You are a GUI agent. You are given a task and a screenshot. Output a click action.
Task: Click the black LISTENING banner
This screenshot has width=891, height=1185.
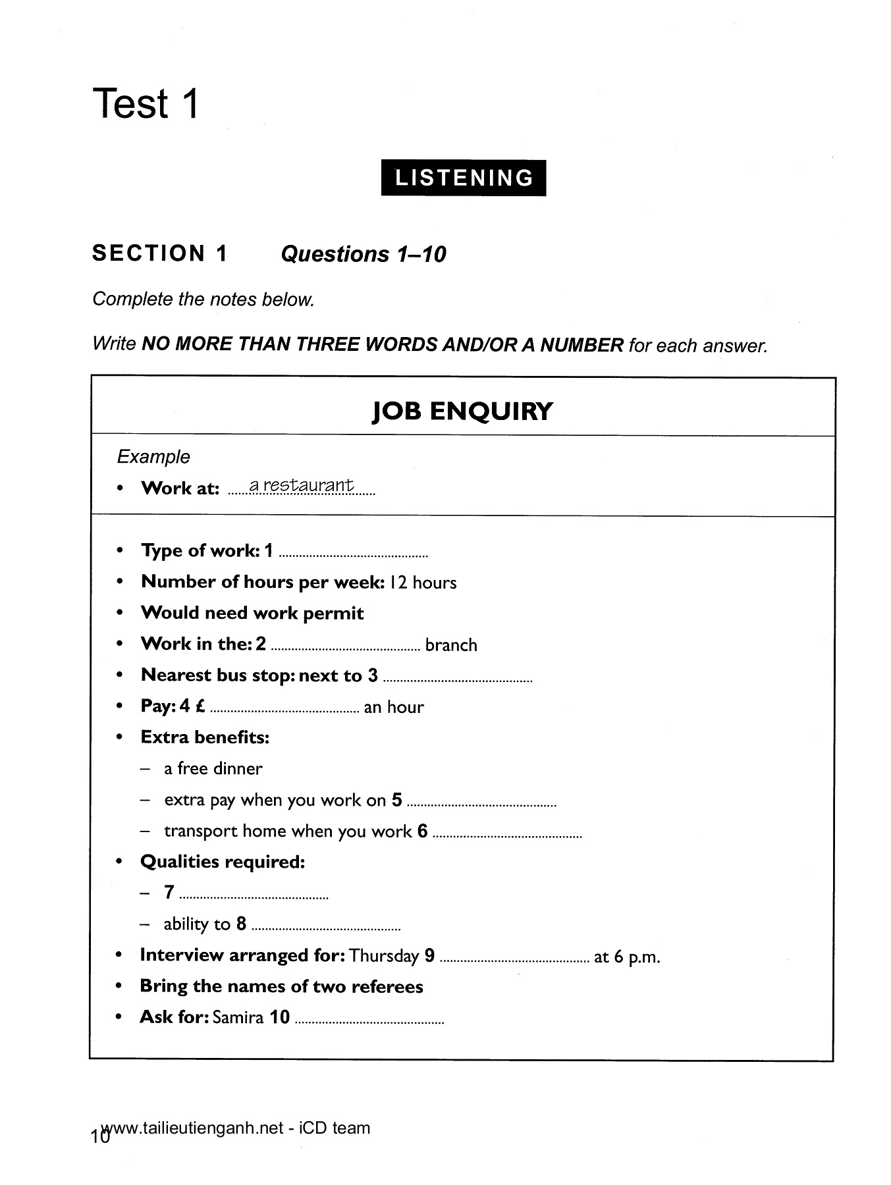463,178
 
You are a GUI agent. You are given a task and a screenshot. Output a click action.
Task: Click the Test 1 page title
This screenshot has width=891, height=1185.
146,104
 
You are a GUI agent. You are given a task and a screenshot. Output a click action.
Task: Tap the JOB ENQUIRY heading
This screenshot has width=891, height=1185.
462,411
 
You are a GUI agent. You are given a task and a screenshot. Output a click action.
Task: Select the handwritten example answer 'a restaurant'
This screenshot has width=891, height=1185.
302,486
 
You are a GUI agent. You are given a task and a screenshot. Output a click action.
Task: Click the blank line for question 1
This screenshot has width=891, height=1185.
354,555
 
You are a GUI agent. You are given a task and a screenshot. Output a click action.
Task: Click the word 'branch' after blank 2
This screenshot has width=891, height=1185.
451,645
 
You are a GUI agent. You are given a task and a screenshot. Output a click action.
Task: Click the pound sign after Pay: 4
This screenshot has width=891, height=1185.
200,706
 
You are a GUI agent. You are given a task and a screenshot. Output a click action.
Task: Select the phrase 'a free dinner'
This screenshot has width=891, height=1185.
213,768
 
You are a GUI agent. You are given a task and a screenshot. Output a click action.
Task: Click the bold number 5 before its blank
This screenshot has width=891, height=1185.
396,800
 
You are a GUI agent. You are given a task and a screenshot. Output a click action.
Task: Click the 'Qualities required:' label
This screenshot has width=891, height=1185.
223,862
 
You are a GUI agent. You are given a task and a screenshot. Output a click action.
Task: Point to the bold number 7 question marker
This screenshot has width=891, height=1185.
169,892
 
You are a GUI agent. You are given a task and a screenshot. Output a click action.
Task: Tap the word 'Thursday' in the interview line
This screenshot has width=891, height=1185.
385,956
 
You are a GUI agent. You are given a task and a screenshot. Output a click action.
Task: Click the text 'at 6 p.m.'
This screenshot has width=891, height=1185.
627,957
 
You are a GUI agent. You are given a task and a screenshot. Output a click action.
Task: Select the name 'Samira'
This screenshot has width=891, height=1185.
238,1018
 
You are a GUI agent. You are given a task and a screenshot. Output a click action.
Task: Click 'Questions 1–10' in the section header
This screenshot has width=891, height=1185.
364,254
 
